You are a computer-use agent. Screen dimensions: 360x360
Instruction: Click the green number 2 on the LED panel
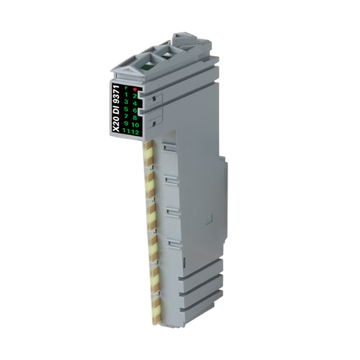(x=134, y=96)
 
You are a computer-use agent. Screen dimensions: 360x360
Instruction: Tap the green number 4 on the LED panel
(x=134, y=104)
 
